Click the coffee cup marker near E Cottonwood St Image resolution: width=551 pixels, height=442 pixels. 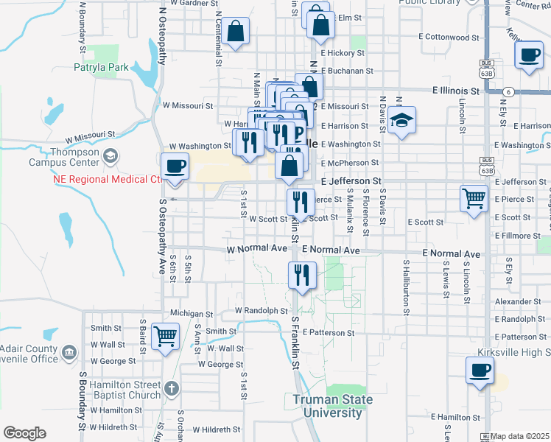pyautogui.click(x=530, y=56)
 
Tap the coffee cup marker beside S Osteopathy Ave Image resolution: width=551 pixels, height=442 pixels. pyautogui.click(x=175, y=166)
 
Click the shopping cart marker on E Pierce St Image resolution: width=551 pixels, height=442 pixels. pyautogui.click(x=474, y=197)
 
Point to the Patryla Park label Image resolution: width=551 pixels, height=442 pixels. pyautogui.click(x=102, y=68)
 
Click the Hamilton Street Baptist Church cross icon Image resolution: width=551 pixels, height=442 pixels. pyautogui.click(x=171, y=387)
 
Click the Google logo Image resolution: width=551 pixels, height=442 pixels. pyautogui.click(x=24, y=433)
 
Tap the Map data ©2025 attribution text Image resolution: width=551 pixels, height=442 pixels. pyautogui.click(x=519, y=437)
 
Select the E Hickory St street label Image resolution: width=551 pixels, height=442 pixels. pyautogui.click(x=342, y=53)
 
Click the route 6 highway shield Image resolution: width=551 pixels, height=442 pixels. pyautogui.click(x=508, y=91)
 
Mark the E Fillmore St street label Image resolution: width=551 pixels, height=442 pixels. pyautogui.click(x=517, y=236)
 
